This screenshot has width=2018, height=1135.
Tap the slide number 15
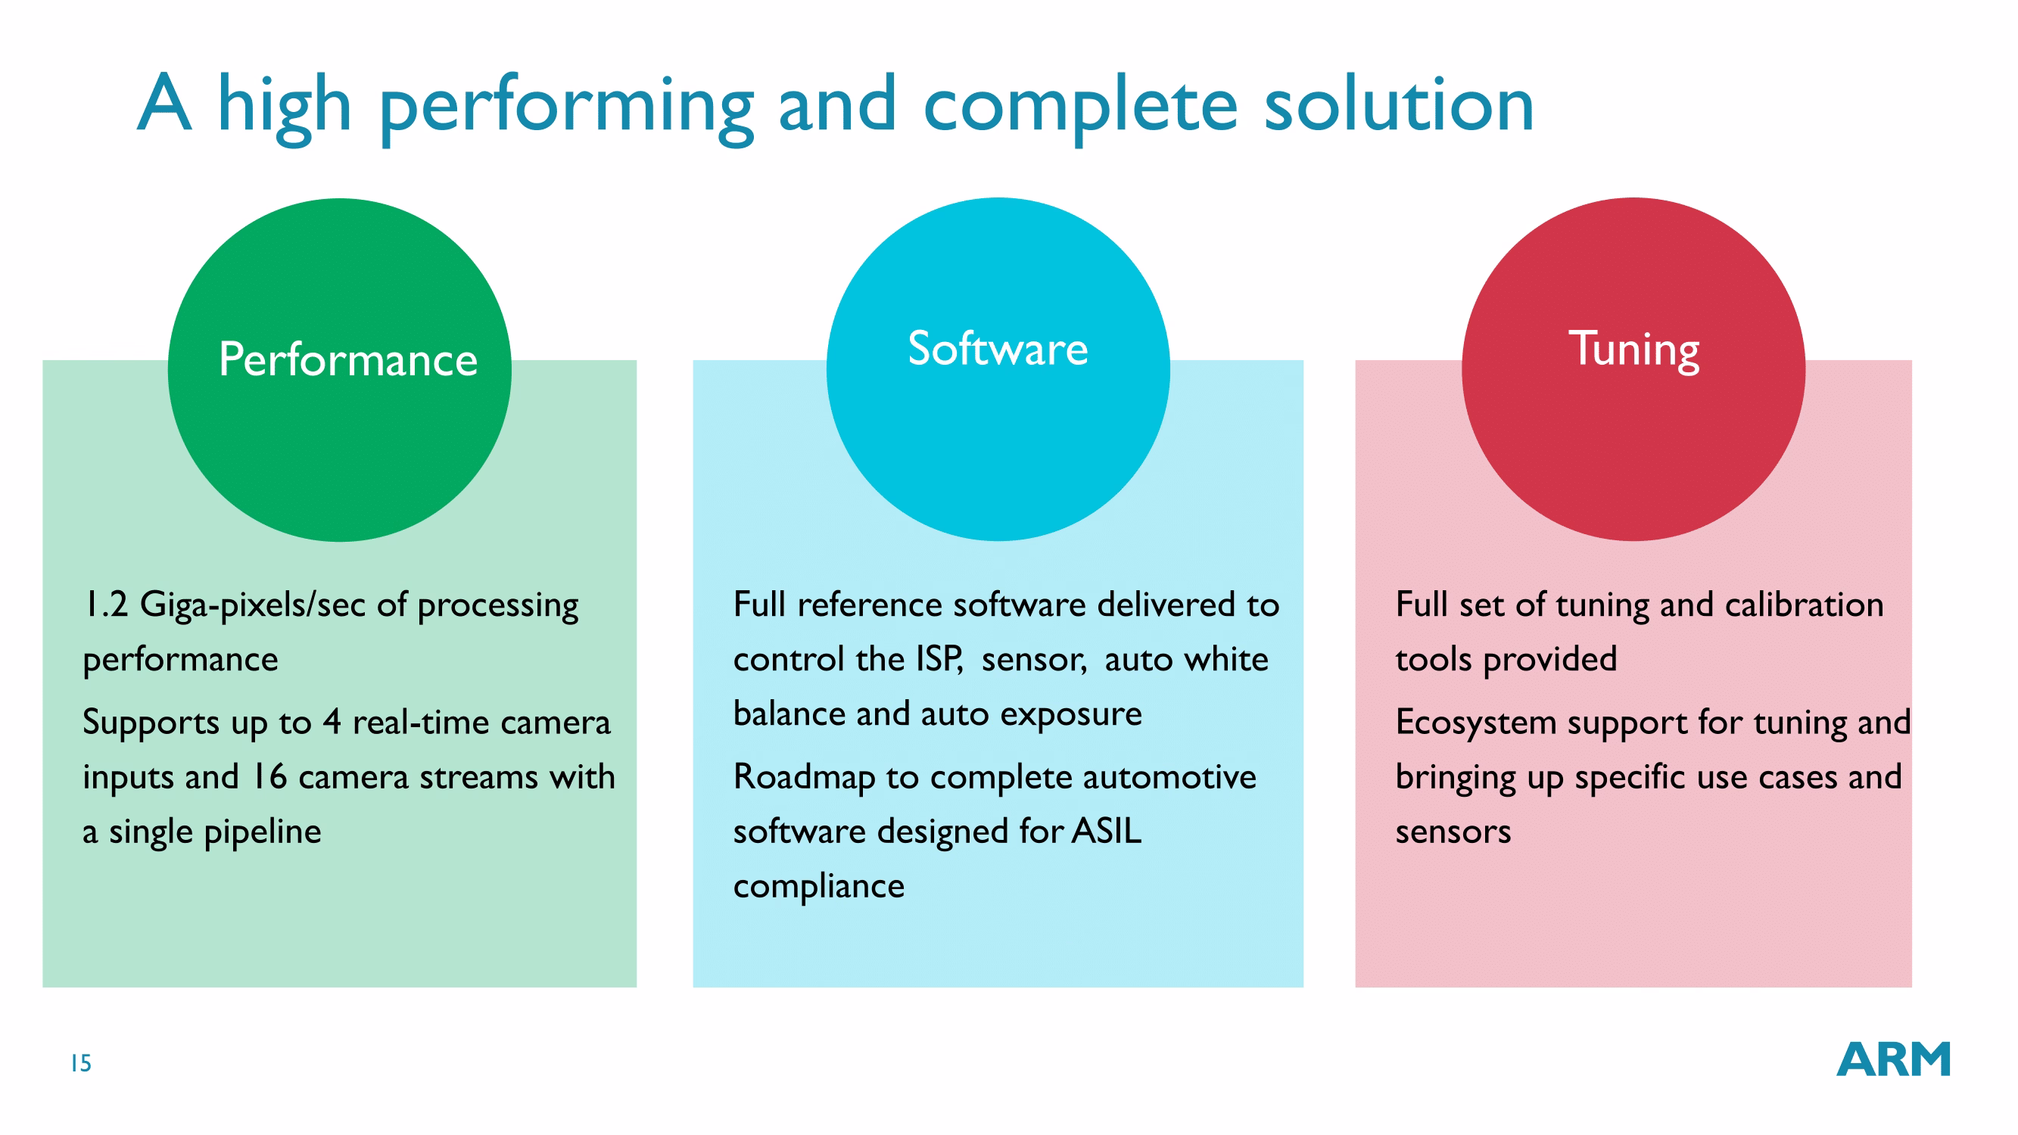tap(82, 1063)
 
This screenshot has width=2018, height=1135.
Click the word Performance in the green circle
tap(348, 360)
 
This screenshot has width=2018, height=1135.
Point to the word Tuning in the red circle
tap(1633, 351)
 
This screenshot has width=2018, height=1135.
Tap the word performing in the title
tap(566, 108)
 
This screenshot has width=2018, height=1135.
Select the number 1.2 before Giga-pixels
tap(106, 605)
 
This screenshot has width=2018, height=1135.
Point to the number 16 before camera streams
tap(269, 777)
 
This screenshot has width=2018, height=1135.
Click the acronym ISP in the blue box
tap(939, 660)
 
